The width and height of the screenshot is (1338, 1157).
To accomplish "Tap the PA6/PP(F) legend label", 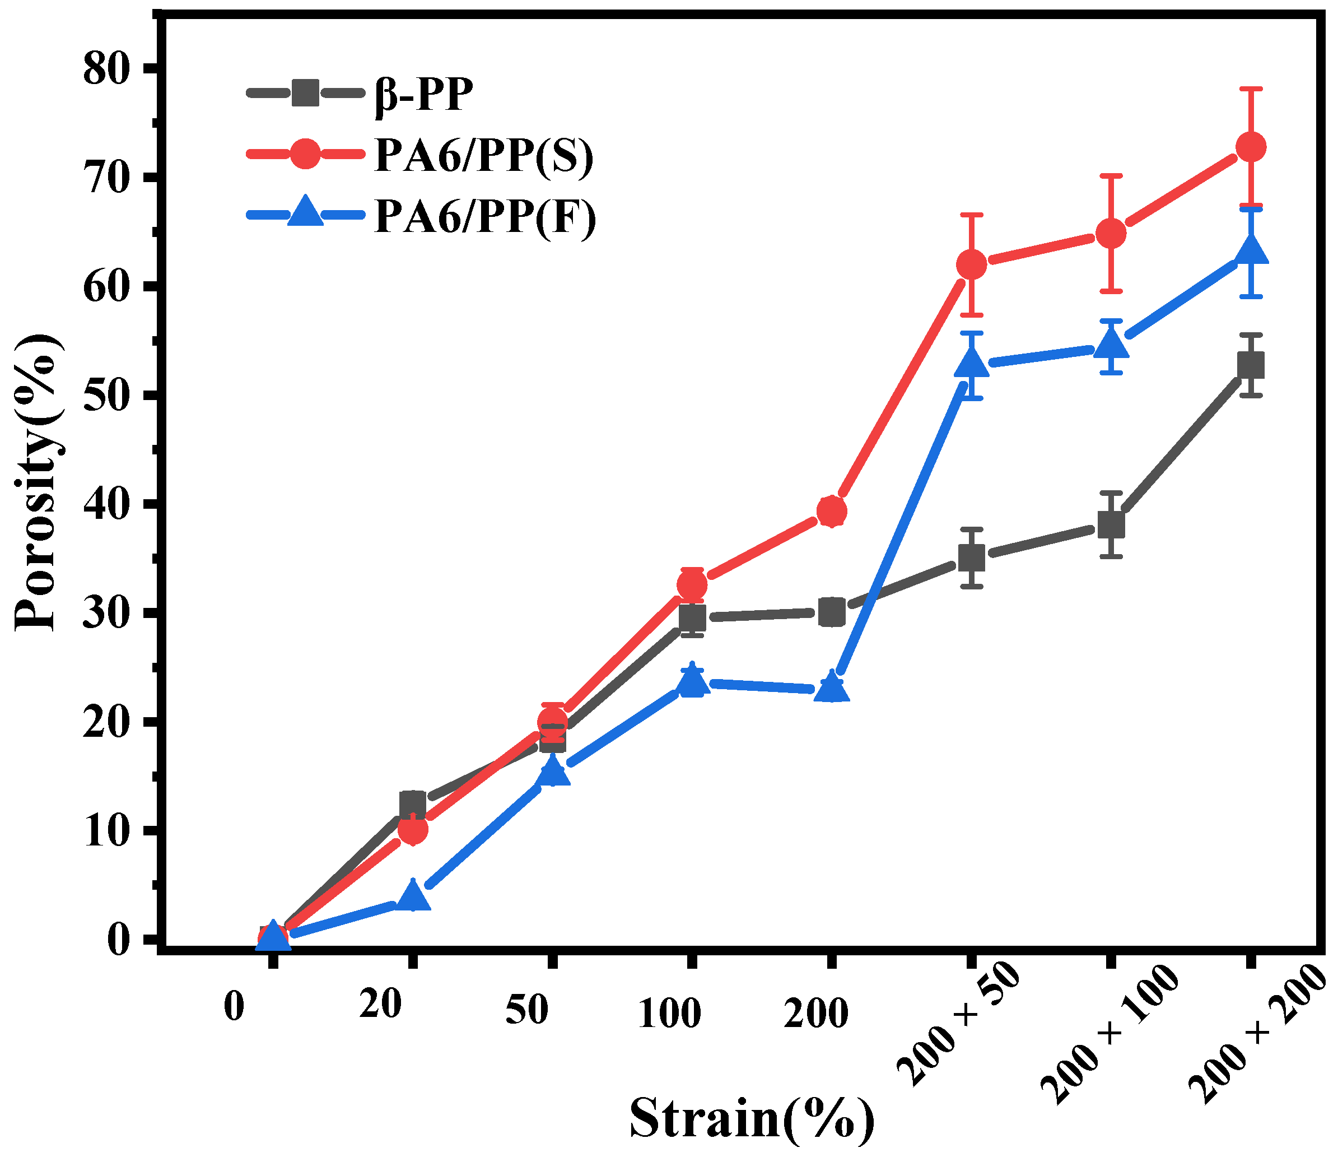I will (x=485, y=216).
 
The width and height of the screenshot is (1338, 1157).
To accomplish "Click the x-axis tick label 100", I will (x=669, y=1014).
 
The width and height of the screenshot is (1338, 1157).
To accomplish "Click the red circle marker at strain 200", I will (x=831, y=512).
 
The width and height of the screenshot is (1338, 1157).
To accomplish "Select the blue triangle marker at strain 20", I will (x=413, y=897).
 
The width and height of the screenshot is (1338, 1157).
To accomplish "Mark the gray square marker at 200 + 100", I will (x=1111, y=524).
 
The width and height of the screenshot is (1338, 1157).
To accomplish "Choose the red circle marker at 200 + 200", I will (x=1251, y=147).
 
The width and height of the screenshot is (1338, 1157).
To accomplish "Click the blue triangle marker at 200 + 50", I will (x=971, y=364).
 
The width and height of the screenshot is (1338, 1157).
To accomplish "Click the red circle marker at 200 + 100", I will (x=1111, y=234).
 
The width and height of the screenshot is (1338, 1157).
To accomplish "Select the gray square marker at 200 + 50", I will (x=971, y=557).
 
